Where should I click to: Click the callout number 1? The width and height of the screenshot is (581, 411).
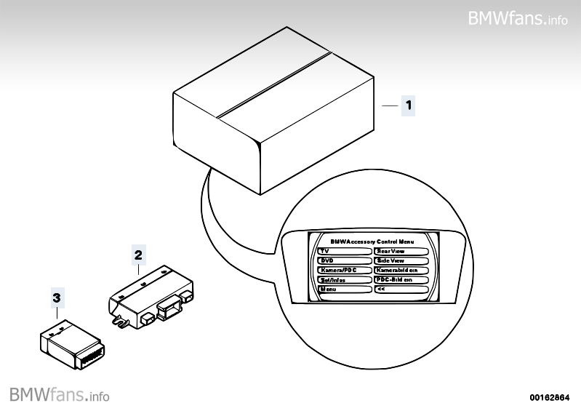point(409,105)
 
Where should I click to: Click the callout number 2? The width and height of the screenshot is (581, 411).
point(137,255)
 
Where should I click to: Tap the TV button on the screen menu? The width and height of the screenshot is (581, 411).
point(344,250)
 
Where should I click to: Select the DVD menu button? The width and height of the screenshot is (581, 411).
point(344,260)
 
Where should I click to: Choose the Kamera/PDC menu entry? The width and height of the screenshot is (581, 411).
point(344,270)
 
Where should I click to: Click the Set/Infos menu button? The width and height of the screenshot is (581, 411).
point(344,279)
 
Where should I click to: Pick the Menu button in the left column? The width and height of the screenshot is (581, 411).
point(344,289)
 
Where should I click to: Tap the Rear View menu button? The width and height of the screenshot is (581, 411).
point(401,250)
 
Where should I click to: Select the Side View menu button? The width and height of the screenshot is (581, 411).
point(401,260)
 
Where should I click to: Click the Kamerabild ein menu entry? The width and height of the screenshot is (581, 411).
point(401,270)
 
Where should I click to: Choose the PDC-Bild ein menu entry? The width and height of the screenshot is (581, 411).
point(401,279)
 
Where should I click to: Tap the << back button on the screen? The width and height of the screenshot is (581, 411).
point(401,289)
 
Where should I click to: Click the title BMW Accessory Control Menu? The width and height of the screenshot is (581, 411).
point(372,240)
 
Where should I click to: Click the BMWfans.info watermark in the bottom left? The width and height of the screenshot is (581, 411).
point(60,395)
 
